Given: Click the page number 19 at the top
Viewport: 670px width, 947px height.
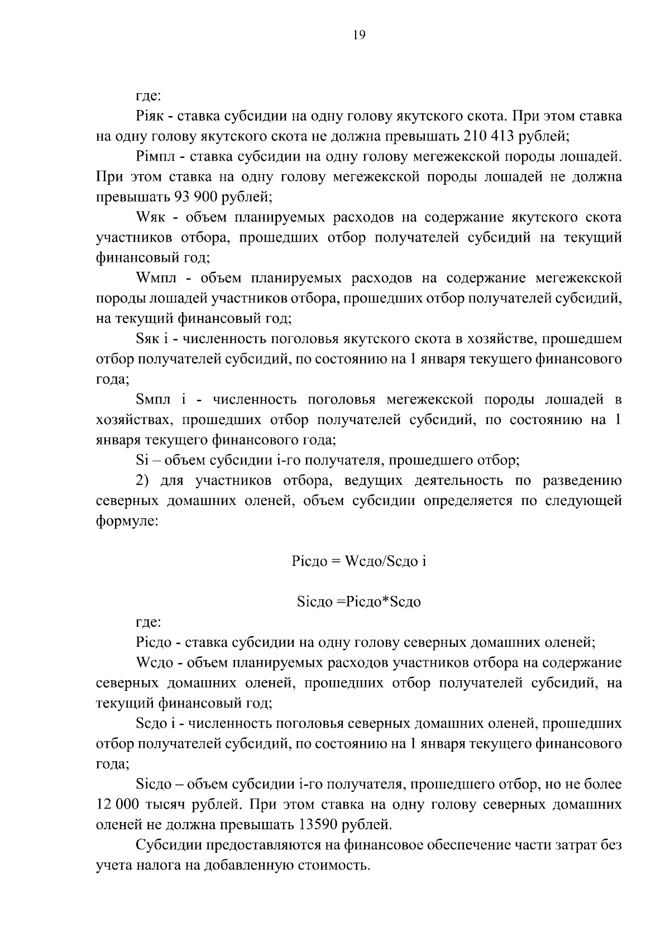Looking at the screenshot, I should tap(359, 36).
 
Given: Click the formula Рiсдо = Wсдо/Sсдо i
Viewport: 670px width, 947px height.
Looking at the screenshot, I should tap(358, 561).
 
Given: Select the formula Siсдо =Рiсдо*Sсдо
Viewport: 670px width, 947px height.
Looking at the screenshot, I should tap(358, 602).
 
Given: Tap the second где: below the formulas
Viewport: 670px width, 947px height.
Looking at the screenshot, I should tap(149, 623).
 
